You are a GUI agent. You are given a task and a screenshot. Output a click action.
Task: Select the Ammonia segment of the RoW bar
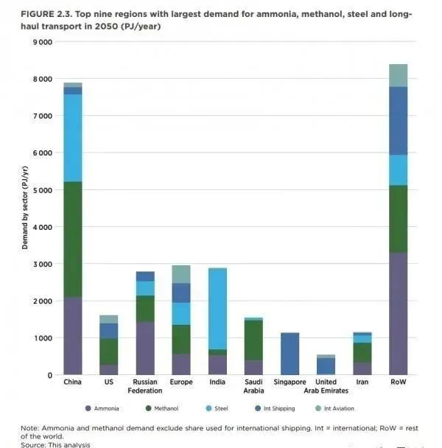(x=398, y=314)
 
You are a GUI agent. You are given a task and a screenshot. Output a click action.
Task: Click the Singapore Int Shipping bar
(x=290, y=354)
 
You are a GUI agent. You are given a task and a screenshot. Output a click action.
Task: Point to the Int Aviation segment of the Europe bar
(x=181, y=274)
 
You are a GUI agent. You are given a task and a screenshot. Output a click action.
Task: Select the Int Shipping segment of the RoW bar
(x=398, y=121)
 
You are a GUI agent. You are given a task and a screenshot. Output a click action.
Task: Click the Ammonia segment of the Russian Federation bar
(x=145, y=348)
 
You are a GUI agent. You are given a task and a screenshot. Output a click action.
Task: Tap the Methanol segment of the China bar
(x=73, y=239)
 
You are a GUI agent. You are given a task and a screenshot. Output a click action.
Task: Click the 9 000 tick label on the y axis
(x=41, y=42)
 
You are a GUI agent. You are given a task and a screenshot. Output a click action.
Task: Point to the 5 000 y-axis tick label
(x=41, y=190)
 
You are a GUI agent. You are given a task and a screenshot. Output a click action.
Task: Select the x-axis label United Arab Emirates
(x=326, y=386)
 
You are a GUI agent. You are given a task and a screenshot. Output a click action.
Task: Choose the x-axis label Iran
(x=362, y=382)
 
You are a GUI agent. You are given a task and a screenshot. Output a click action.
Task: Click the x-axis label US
(x=109, y=382)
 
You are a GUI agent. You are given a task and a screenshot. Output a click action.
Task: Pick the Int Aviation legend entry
(x=337, y=408)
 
